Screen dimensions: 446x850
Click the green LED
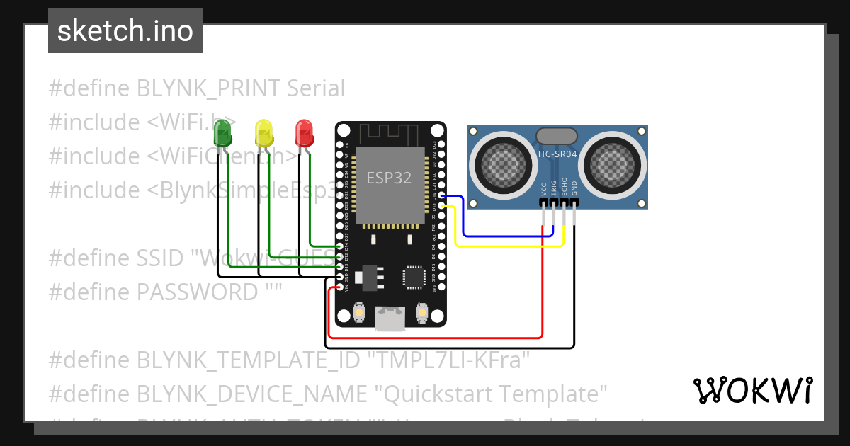pyautogui.click(x=222, y=132)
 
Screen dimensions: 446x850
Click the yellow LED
pyautogui.click(x=263, y=132)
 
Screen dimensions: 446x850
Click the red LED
pyautogui.click(x=304, y=132)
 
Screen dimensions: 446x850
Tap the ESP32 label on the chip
pyautogui.click(x=388, y=178)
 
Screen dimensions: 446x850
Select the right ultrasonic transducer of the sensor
pyautogui.click(x=613, y=164)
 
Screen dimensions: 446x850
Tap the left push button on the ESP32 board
pyautogui.click(x=359, y=312)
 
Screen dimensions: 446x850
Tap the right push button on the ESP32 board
pyautogui.click(x=422, y=312)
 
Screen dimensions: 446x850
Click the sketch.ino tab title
pyautogui.click(x=125, y=32)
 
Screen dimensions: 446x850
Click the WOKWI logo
pyautogui.click(x=752, y=390)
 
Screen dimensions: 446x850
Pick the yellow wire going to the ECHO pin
pyautogui.click(x=510, y=246)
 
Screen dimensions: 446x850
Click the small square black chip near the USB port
pyautogui.click(x=414, y=278)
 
